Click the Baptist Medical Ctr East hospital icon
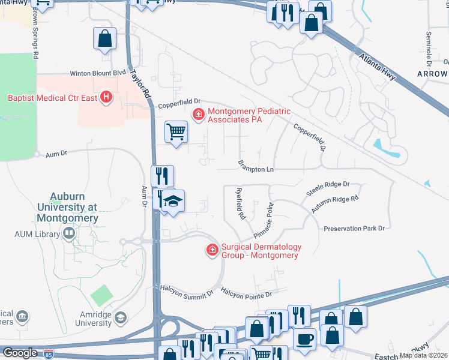click(106, 97)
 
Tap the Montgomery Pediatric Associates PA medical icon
click(197, 113)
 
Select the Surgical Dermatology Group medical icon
click(212, 250)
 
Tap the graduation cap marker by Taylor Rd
click(173, 201)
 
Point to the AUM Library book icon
click(70, 233)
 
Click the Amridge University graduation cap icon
click(120, 317)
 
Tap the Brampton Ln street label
click(256, 169)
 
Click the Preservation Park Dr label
click(354, 229)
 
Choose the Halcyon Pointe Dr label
click(246, 294)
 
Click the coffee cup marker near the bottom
click(304, 338)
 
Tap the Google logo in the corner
click(20, 353)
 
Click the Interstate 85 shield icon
click(46, 353)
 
